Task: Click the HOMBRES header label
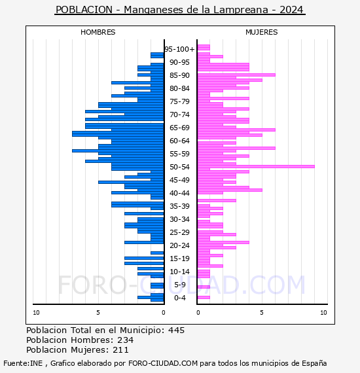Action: (98, 32)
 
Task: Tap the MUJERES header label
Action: (262, 32)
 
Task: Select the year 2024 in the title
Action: (291, 10)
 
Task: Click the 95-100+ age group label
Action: (179, 49)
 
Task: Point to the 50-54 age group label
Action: (179, 167)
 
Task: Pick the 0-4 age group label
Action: (179, 298)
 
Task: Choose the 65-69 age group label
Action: (179, 128)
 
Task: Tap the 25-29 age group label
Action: (179, 232)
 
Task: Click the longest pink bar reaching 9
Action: (256, 166)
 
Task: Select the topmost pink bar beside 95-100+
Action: (204, 46)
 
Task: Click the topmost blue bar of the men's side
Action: (157, 54)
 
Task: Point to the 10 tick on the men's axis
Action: (36, 313)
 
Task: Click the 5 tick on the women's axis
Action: (262, 313)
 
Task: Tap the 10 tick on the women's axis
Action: (323, 313)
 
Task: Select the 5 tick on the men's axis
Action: (98, 313)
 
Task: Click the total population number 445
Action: (176, 330)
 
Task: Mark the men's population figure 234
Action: (126, 340)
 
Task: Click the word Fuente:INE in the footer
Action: (23, 363)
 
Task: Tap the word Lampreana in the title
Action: (241, 10)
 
